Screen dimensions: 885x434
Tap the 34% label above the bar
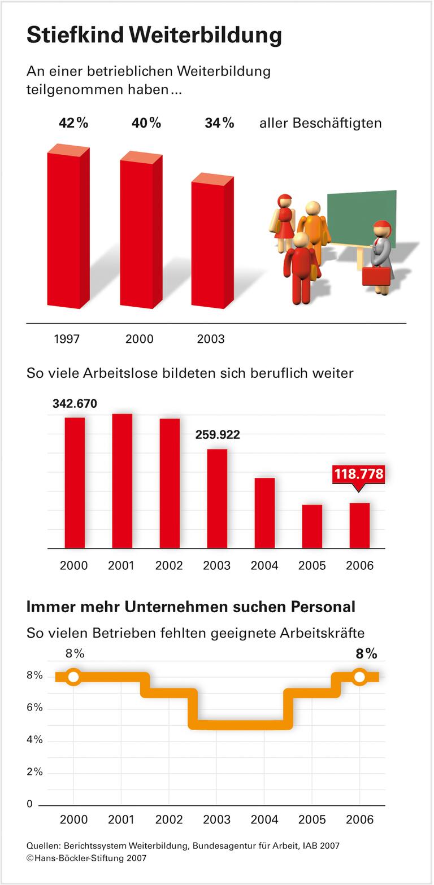[219, 123]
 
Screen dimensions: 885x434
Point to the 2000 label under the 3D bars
[140, 339]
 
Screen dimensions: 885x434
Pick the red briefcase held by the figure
[376, 276]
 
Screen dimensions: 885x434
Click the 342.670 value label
[75, 404]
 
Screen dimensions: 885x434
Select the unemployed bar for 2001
[122, 481]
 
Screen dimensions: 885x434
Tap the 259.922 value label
[217, 435]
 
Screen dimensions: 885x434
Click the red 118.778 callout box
[359, 474]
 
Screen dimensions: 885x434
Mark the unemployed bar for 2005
[312, 526]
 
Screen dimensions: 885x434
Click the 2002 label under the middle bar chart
[169, 565]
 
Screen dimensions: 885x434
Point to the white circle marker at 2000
[73, 677]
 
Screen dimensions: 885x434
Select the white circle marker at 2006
[359, 677]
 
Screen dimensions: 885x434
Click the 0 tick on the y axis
[30, 804]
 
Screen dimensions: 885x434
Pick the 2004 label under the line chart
[264, 819]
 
